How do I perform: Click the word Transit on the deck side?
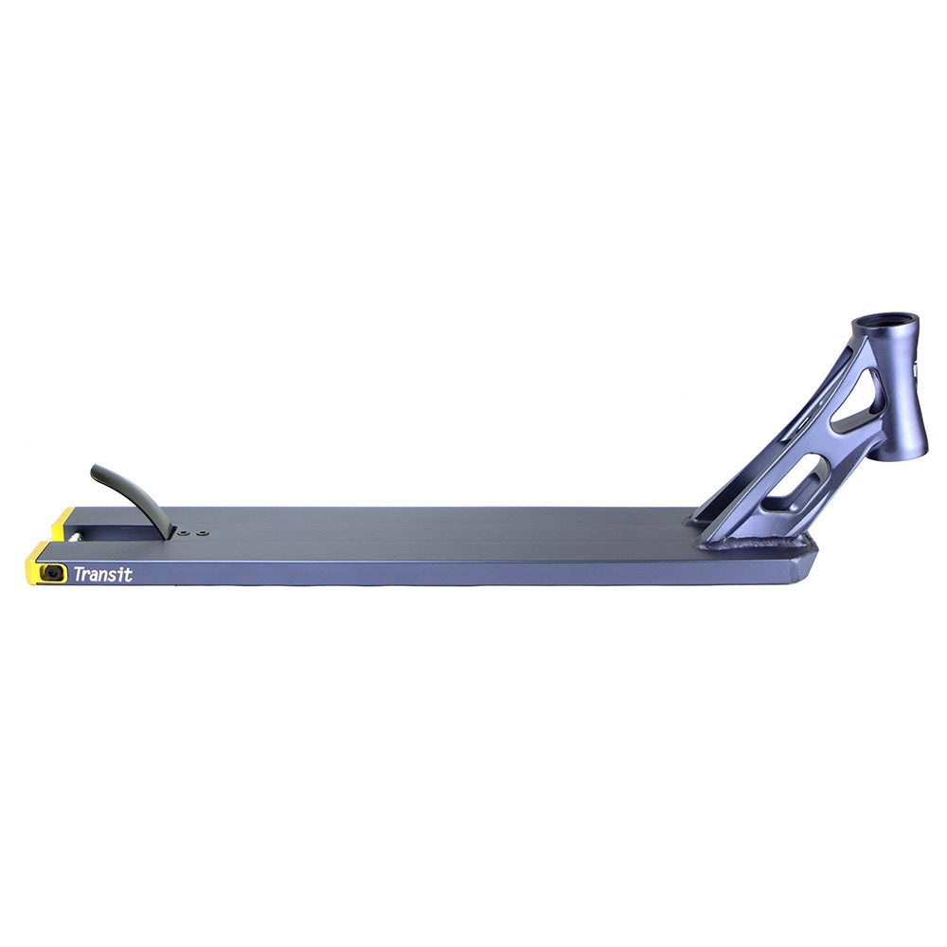pos(102,574)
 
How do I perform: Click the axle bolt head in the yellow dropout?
pos(53,573)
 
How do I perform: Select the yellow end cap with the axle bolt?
pos(45,564)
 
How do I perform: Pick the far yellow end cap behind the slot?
pos(63,524)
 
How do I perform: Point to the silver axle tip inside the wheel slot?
pos(77,536)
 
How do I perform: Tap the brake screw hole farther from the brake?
pos(203,532)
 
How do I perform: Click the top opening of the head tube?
pos(886,319)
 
